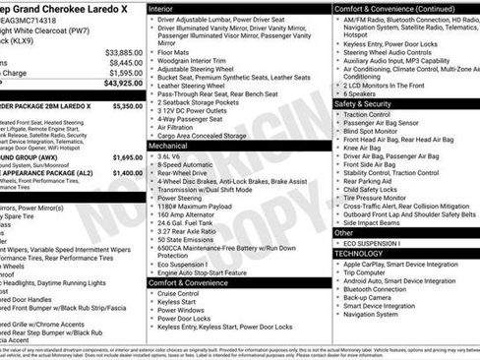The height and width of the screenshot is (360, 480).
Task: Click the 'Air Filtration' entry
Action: pos(179,126)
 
